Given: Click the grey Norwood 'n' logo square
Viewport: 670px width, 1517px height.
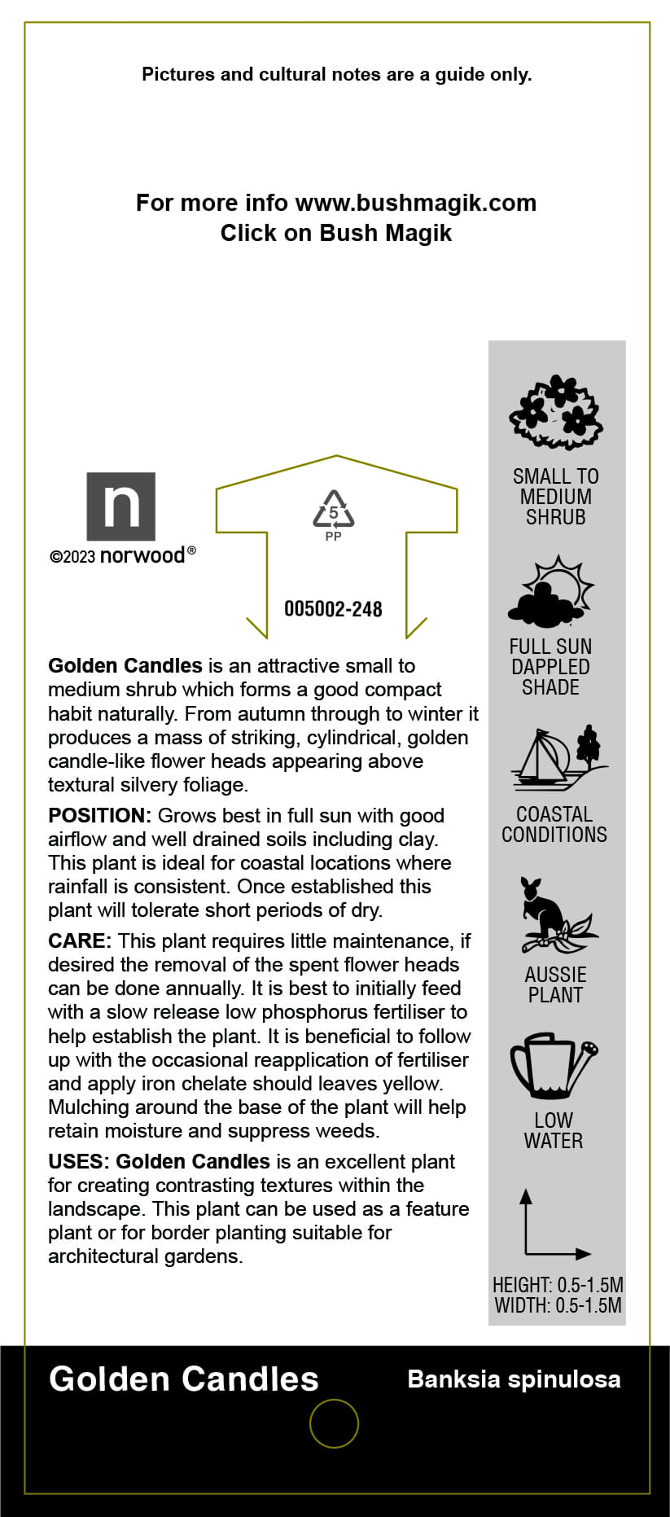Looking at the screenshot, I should tap(120, 506).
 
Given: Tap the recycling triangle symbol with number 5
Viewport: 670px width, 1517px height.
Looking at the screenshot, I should tap(334, 510).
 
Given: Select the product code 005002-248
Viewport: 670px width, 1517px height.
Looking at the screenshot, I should tap(333, 609).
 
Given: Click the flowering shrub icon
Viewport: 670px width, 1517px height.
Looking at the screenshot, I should tap(556, 413).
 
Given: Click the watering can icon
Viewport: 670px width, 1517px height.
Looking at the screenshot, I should tap(554, 1066).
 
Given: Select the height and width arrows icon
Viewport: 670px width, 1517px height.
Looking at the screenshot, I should tap(554, 1225).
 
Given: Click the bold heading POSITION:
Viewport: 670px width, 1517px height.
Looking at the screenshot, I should tap(99, 816).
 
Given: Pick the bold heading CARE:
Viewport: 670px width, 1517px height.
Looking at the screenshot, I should tap(79, 941).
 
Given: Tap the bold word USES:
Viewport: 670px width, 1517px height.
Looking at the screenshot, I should tap(78, 1162).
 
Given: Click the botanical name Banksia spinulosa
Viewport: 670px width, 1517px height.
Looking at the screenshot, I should tap(514, 1379).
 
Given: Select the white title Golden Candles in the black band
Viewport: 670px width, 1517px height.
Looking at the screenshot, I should tap(184, 1379).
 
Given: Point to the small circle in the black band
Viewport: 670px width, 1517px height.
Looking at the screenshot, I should tap(334, 1423).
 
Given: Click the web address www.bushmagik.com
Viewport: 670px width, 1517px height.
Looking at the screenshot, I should tap(415, 203).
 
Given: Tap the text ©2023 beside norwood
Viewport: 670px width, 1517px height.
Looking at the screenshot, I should tap(72, 557).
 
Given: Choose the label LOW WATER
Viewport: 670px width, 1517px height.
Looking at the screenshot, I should tap(554, 1130).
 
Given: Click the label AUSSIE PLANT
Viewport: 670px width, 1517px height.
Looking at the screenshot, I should tap(555, 984).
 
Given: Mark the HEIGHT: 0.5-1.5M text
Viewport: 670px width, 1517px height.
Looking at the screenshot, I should tap(558, 1285).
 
